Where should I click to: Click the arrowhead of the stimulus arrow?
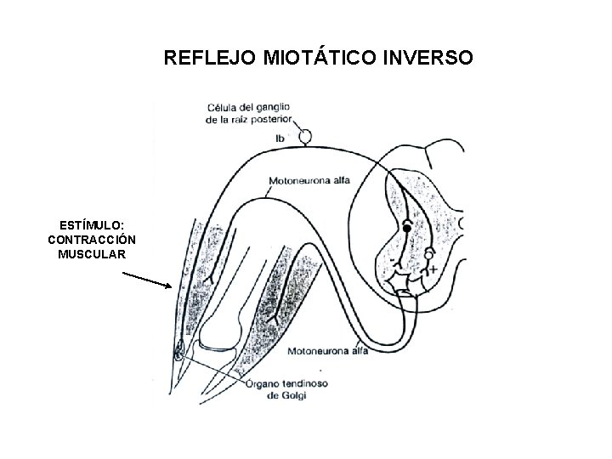171,287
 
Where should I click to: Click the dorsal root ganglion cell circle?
304,136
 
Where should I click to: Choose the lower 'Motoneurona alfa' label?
328,350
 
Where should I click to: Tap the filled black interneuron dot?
407,229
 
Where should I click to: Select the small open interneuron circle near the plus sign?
429,253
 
